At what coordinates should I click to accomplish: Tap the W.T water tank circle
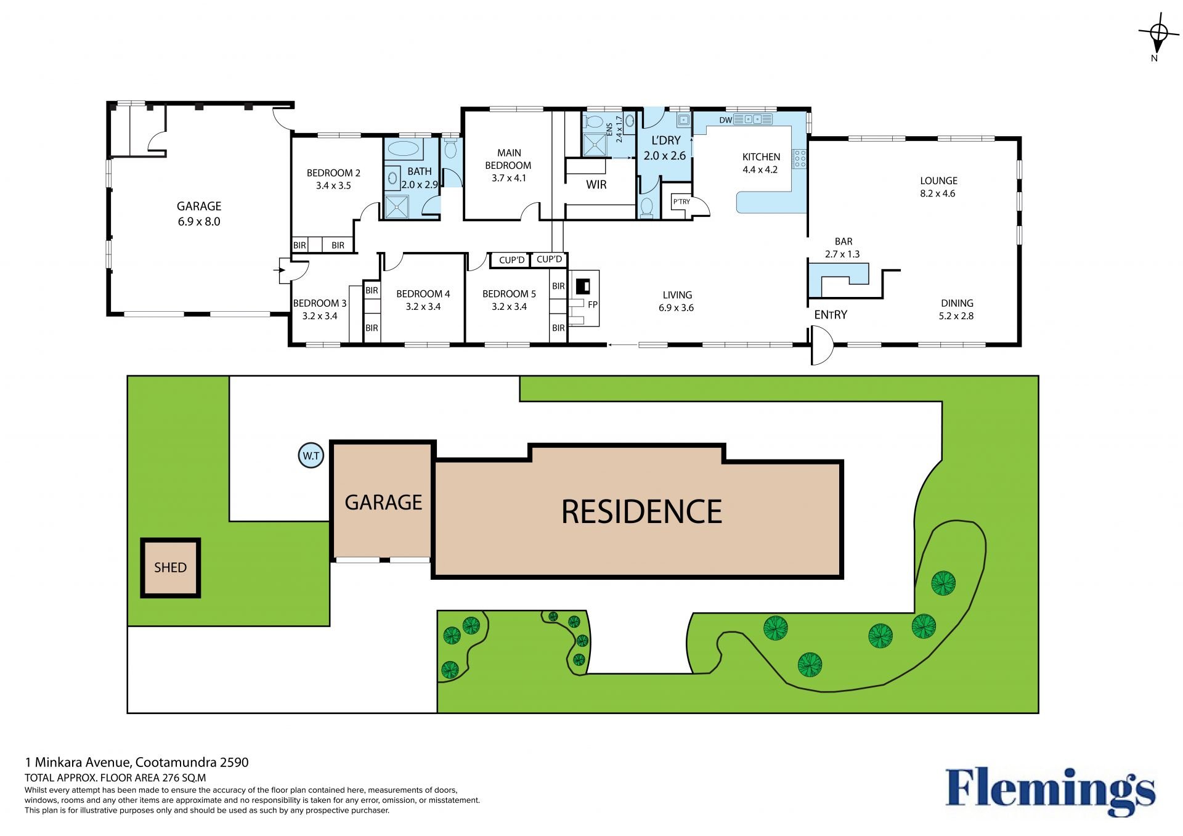pyautogui.click(x=311, y=455)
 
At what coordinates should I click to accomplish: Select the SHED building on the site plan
pyautogui.click(x=171, y=567)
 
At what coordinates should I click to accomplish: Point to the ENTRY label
pyautogui.click(x=831, y=315)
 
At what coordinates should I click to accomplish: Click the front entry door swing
pyautogui.click(x=823, y=345)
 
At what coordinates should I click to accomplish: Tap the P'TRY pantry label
pyautogui.click(x=681, y=201)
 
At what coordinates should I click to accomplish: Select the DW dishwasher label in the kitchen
pyautogui.click(x=726, y=120)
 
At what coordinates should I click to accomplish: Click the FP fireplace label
pyautogui.click(x=592, y=304)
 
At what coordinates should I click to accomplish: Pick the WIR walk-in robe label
pyautogui.click(x=596, y=185)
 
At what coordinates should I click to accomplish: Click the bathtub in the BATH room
pyautogui.click(x=404, y=148)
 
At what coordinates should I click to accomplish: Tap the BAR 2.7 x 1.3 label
pyautogui.click(x=843, y=248)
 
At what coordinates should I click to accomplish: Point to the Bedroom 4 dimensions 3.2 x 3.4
pyautogui.click(x=423, y=307)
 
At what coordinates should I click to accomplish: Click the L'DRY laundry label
pyautogui.click(x=666, y=140)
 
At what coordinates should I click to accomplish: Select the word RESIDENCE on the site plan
pyautogui.click(x=642, y=512)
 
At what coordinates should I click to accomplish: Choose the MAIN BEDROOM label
pyautogui.click(x=508, y=159)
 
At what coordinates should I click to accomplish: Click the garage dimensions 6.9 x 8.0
pyautogui.click(x=199, y=222)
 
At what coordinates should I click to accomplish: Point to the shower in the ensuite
pyautogui.click(x=595, y=145)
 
